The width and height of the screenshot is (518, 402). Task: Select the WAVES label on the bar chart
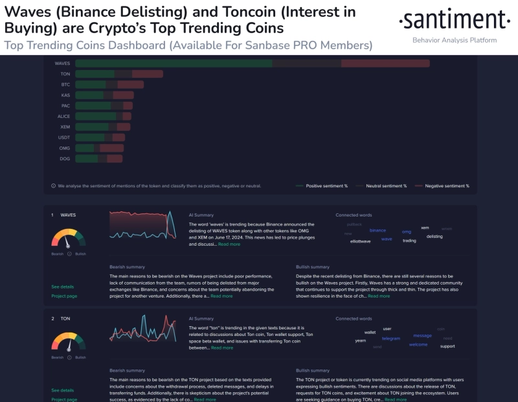[x=62, y=64]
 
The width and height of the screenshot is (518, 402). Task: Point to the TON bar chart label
[x=65, y=74]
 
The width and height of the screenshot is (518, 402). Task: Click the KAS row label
[x=65, y=95]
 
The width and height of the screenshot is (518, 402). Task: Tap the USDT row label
[x=63, y=137]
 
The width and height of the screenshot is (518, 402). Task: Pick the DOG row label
[x=65, y=158]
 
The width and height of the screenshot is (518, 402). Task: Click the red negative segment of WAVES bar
[x=385, y=64]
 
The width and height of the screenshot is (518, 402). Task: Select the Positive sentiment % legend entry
[x=321, y=186]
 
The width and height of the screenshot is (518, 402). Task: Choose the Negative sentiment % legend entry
[x=442, y=186]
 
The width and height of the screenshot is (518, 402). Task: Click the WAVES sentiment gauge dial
[x=68, y=238]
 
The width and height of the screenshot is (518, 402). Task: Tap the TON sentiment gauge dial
[x=68, y=342]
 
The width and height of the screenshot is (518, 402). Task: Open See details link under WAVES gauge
[x=63, y=287]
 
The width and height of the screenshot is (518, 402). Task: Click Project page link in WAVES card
[x=64, y=296]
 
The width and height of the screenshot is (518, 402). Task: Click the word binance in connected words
[x=377, y=230]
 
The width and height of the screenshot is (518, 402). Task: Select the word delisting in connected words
[x=434, y=237]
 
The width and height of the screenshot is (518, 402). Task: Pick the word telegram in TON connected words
[x=391, y=338]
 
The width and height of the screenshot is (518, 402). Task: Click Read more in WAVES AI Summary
[x=229, y=244]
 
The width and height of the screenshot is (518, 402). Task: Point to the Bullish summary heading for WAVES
[x=313, y=266]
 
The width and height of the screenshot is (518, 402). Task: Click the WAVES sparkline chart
[x=142, y=227]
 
